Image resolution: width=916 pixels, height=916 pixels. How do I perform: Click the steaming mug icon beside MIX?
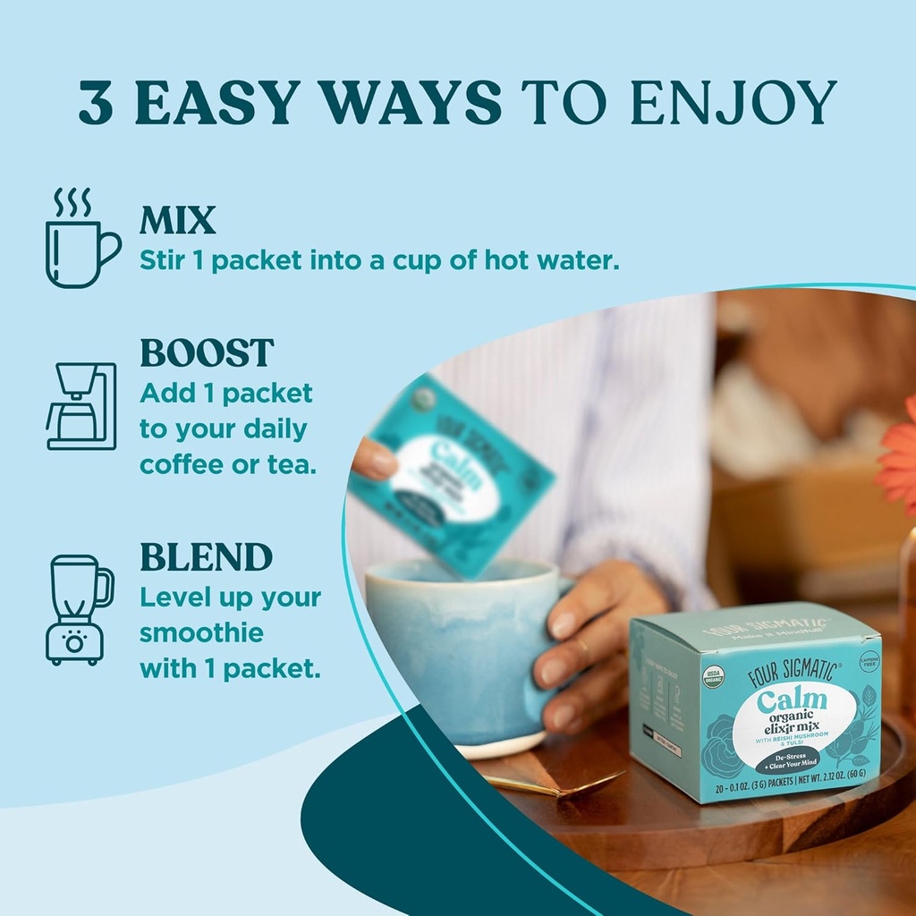coord(81,240)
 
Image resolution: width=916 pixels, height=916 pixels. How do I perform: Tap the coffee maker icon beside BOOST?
coord(81,406)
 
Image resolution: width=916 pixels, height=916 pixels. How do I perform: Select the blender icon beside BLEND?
coord(80,609)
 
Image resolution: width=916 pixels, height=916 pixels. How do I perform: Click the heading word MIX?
coord(177,220)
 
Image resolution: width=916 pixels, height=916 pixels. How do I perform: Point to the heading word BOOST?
coord(207,353)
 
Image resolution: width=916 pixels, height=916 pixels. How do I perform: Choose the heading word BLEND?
coord(206,557)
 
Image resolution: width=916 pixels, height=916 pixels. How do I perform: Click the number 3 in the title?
coord(96,104)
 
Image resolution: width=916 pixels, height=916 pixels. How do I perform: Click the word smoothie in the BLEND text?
coord(201,633)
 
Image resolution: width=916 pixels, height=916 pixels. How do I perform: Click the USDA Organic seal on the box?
coord(713,676)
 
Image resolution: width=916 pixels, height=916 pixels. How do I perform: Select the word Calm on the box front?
coord(791,701)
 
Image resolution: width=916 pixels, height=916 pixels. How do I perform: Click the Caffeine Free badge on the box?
coord(868,660)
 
